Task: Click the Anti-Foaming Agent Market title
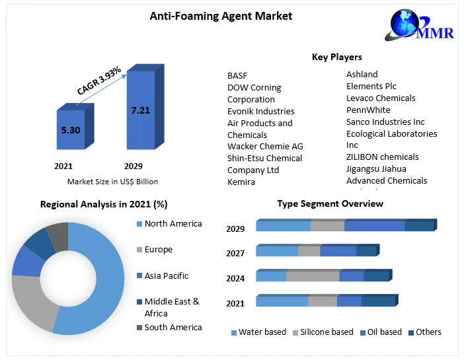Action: (221, 16)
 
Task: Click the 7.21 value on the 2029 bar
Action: (140, 110)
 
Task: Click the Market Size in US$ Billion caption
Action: (112, 181)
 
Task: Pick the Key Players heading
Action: (336, 57)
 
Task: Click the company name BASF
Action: (237, 76)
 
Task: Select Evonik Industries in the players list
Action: (260, 111)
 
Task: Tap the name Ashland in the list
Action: (362, 74)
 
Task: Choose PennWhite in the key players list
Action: (368, 110)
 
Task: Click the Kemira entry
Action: (241, 182)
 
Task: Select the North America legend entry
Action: (173, 224)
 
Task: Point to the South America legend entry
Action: (173, 327)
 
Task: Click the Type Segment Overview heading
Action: (330, 203)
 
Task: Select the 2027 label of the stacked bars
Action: (235, 253)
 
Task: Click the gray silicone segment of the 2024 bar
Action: (312, 277)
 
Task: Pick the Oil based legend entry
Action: (383, 332)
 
